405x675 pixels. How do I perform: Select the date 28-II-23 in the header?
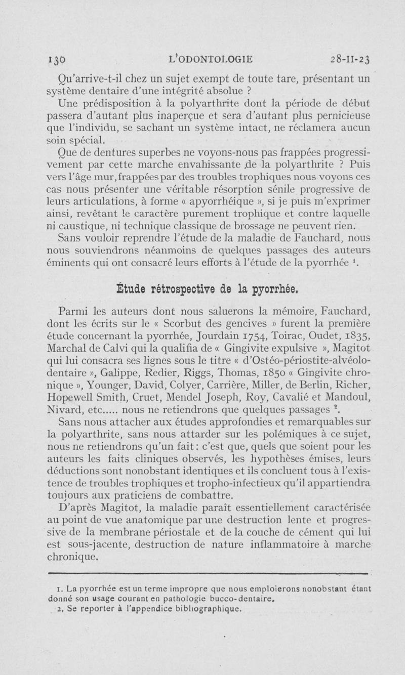tap(349, 59)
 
